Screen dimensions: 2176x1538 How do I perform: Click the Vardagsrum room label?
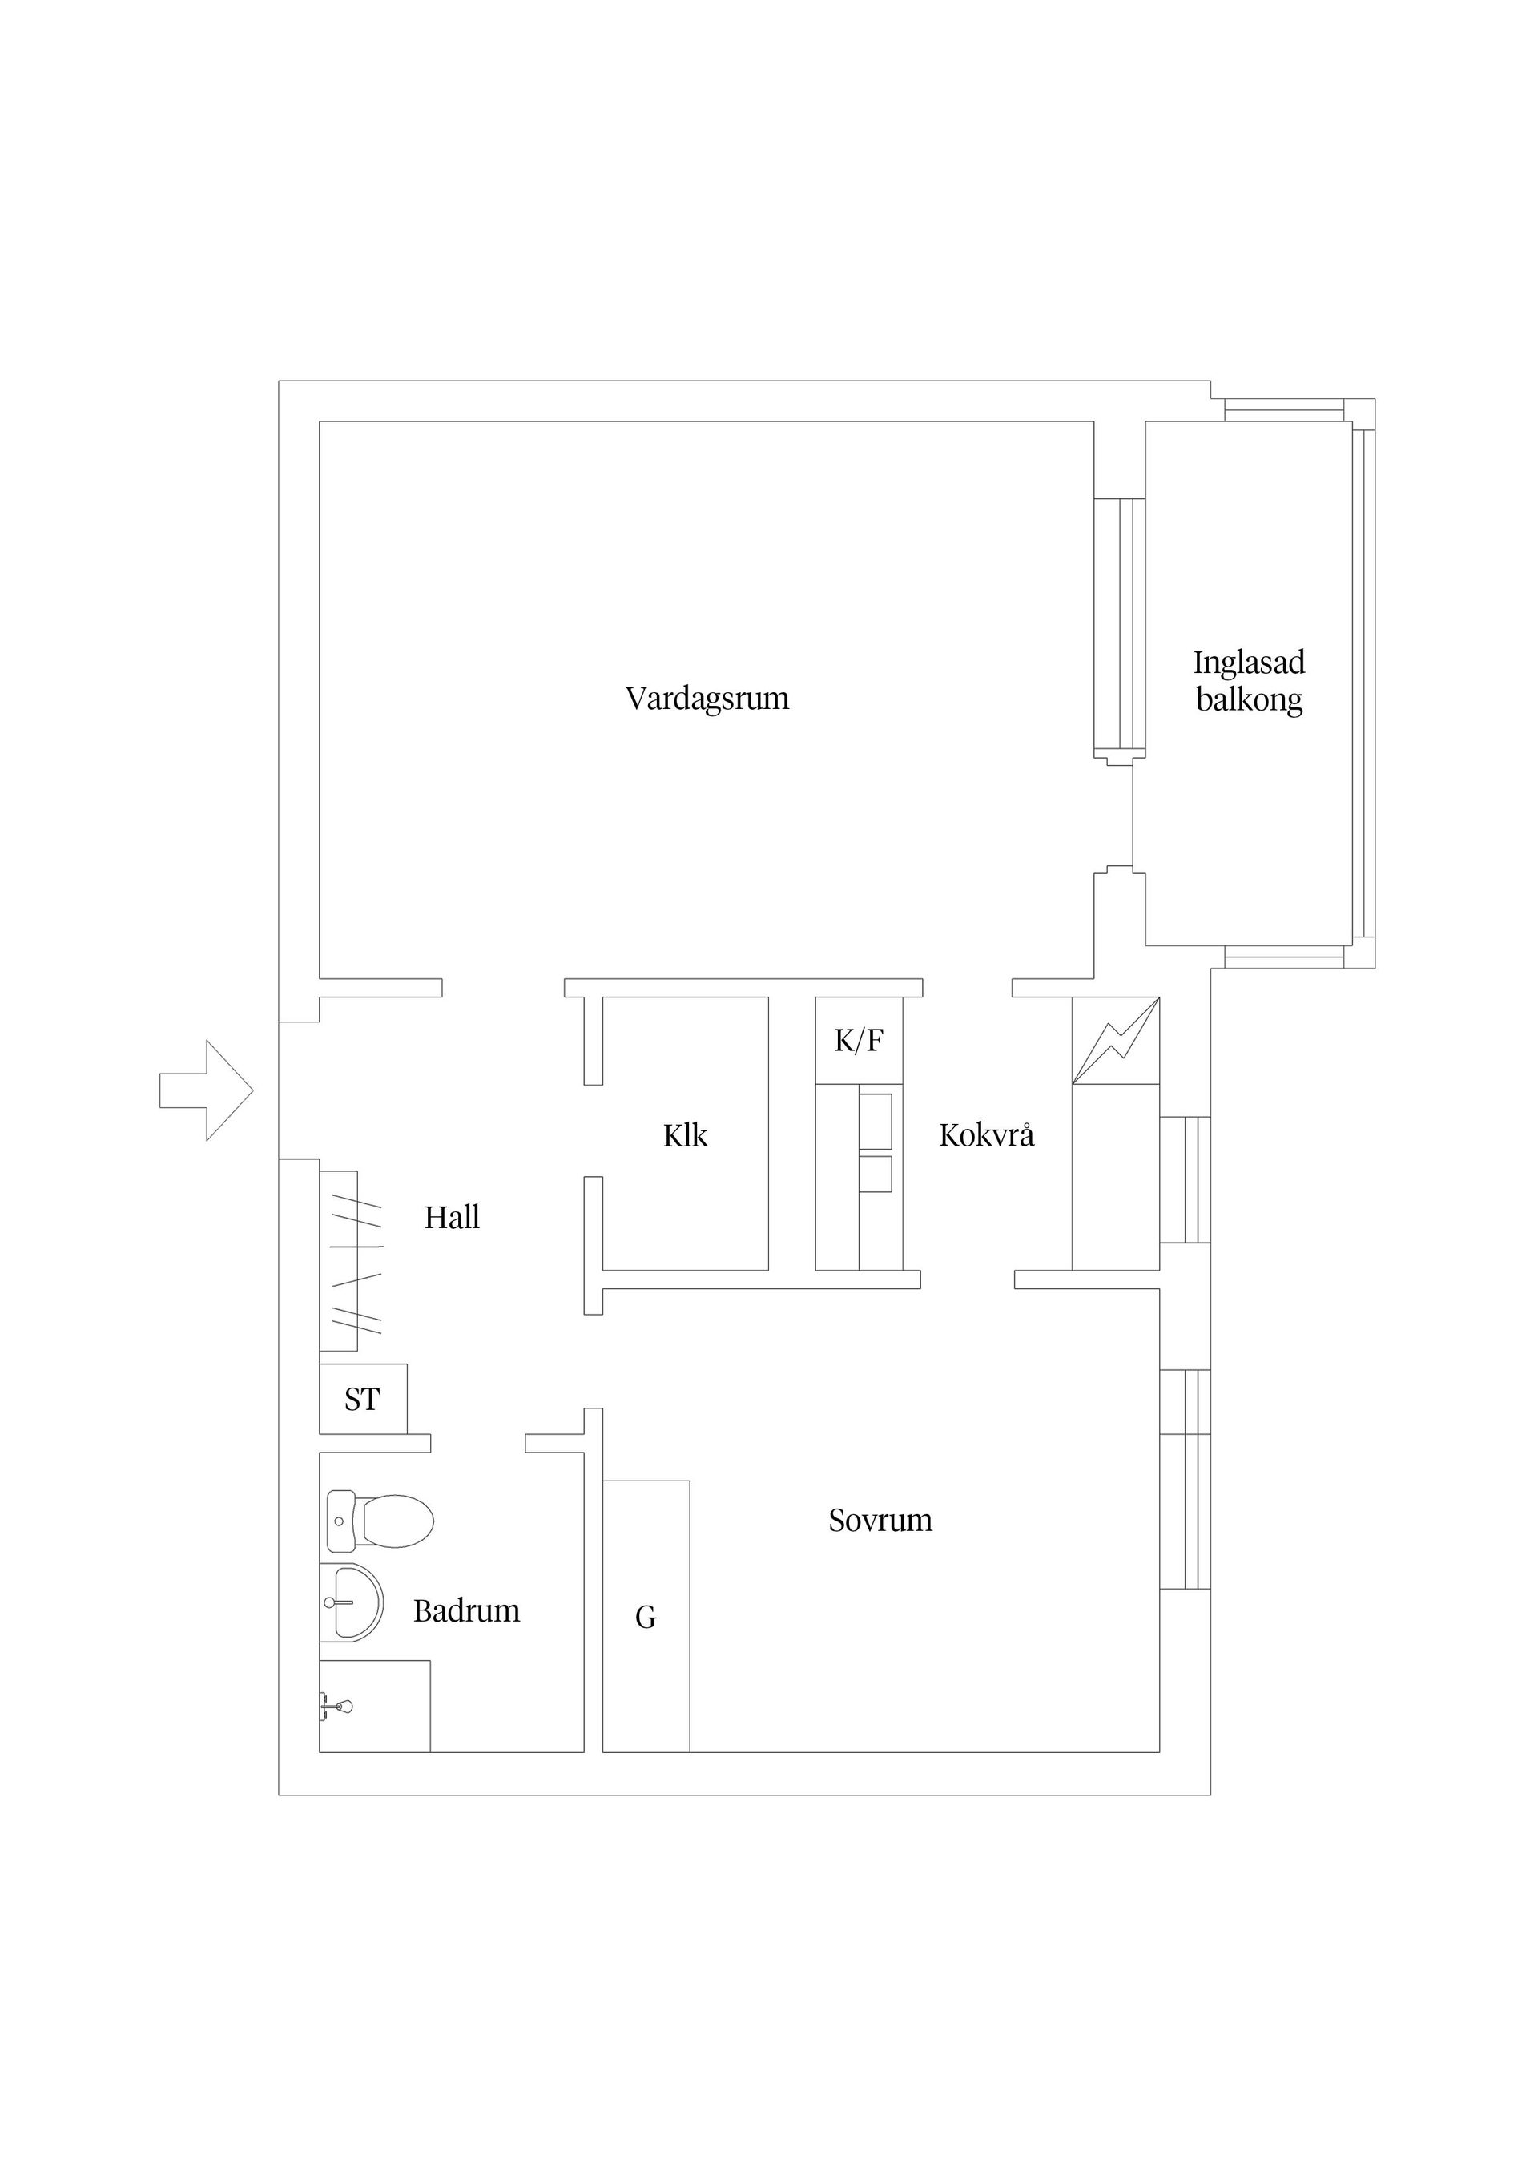pyautogui.click(x=707, y=699)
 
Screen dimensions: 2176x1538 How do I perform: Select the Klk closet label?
pyautogui.click(x=684, y=1135)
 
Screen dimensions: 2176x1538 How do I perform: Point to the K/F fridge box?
pyautogui.click(x=859, y=1041)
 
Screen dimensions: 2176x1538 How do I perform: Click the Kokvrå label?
pyautogui.click(x=986, y=1134)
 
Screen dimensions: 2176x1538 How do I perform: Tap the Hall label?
pyautogui.click(x=452, y=1218)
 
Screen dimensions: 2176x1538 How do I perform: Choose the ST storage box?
pyautogui.click(x=363, y=1399)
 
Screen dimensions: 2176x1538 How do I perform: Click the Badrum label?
pyautogui.click(x=466, y=1611)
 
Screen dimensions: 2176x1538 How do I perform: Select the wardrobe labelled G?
pyautogui.click(x=646, y=1617)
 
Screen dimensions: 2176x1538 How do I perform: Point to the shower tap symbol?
pyautogui.click(x=336, y=1707)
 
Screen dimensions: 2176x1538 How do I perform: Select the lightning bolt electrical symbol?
pyautogui.click(x=1115, y=1041)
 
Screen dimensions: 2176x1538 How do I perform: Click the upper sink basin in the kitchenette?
pyautogui.click(x=876, y=1120)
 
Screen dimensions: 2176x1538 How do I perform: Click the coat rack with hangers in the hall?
pyautogui.click(x=351, y=1260)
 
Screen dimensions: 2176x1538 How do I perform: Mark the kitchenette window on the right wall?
pyautogui.click(x=1185, y=1179)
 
